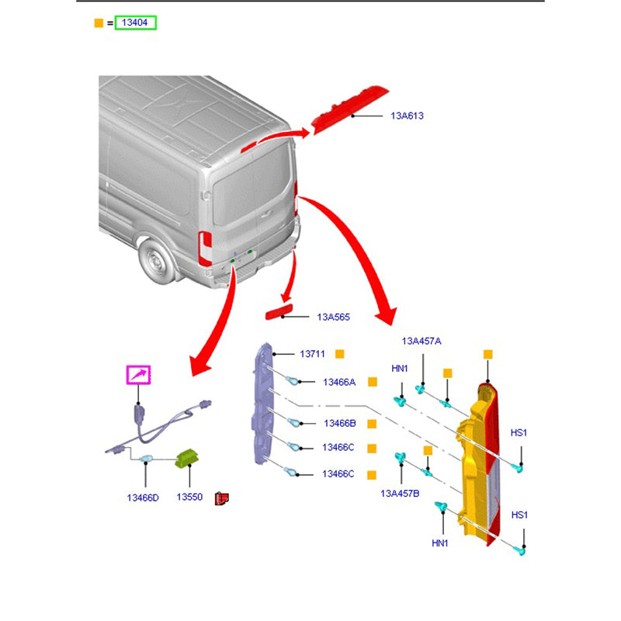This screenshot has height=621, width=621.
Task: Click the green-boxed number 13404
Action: (x=136, y=23)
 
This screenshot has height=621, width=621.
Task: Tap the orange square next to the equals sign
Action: (x=98, y=23)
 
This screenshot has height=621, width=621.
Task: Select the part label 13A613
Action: (x=407, y=116)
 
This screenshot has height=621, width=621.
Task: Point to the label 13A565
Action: (x=333, y=317)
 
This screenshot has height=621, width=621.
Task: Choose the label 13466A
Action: (x=339, y=382)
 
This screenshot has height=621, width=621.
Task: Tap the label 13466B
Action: (x=339, y=424)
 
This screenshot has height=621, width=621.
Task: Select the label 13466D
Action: (x=143, y=497)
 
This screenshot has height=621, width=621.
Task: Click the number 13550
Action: (x=189, y=497)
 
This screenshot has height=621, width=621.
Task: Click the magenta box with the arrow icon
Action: (x=139, y=376)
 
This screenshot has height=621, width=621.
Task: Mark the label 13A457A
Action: (x=422, y=341)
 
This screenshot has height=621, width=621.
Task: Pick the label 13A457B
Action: (x=400, y=493)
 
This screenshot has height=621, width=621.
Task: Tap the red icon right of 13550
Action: (x=221, y=498)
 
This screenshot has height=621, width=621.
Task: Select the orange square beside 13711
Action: (x=339, y=354)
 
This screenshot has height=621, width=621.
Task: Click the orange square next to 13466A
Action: (x=372, y=382)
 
